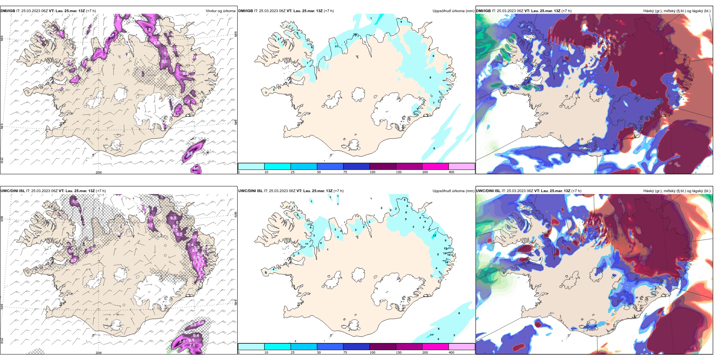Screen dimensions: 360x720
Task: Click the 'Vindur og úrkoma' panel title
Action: (x=220, y=11)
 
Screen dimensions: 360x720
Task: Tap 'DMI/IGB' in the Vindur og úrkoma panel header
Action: (x=8, y=11)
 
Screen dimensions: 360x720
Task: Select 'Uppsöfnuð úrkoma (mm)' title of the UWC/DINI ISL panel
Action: (x=453, y=191)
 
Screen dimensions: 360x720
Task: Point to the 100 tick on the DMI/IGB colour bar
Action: (x=372, y=172)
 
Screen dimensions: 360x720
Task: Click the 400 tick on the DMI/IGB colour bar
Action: (x=451, y=172)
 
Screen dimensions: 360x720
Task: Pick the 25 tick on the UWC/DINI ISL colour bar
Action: (x=293, y=352)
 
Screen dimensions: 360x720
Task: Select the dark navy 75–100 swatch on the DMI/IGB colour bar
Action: (x=356, y=166)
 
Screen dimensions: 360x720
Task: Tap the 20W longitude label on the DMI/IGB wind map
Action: (x=99, y=172)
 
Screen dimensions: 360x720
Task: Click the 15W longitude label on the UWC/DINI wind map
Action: (x=198, y=353)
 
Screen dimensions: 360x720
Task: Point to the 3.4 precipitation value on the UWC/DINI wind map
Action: (x=182, y=341)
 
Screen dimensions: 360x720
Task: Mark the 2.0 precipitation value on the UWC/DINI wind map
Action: (x=192, y=345)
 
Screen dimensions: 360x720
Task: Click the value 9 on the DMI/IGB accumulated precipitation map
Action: (x=401, y=22)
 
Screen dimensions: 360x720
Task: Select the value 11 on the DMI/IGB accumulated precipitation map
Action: (x=336, y=46)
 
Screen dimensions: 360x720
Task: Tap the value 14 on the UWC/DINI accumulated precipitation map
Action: (x=447, y=262)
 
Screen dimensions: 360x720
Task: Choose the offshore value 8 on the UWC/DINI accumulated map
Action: (x=439, y=329)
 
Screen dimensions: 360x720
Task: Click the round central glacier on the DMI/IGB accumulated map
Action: (x=358, y=94)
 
